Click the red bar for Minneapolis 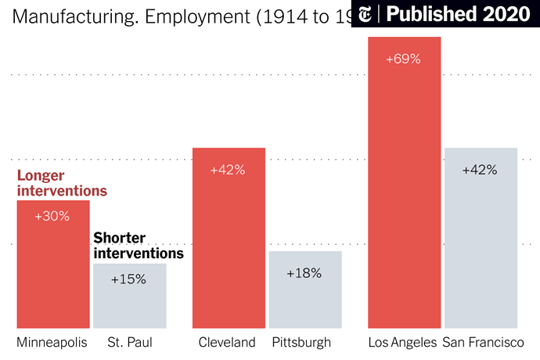[x=53, y=274]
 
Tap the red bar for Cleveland [x=229, y=250]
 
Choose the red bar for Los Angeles [x=404, y=196]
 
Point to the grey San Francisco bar [x=480, y=250]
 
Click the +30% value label [x=53, y=216]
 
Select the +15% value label [x=128, y=279]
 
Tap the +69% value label [x=404, y=59]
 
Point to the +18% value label [x=304, y=273]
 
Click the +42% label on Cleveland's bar [x=228, y=170]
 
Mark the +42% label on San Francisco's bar [x=480, y=170]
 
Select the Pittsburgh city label [x=301, y=342]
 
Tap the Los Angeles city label [x=402, y=342]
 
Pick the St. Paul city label [x=130, y=342]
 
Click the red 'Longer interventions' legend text [x=62, y=183]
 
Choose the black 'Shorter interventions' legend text [x=139, y=246]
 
